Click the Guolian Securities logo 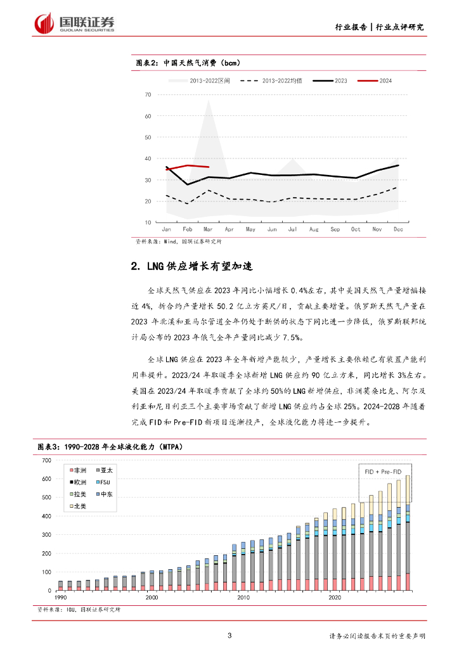click(75, 23)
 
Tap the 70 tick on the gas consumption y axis click(148, 95)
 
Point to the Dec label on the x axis click(398, 229)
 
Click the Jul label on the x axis click(292, 229)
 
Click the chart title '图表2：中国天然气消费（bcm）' click(188, 63)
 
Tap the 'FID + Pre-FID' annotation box click(384, 472)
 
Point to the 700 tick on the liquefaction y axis click(46, 460)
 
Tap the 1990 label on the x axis click(60, 597)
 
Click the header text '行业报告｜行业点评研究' click(379, 27)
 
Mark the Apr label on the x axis click(229, 229)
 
